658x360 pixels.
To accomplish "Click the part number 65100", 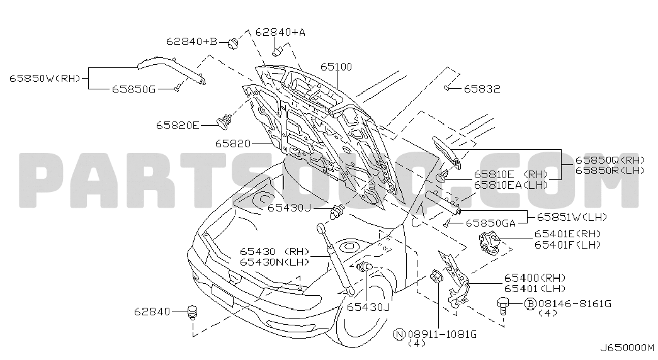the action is (x=336, y=67).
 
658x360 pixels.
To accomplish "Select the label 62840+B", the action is (x=192, y=41).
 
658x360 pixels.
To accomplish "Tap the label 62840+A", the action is (x=280, y=32).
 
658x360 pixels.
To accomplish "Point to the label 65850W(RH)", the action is (x=45, y=78).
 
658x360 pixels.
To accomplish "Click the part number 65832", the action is (x=482, y=89).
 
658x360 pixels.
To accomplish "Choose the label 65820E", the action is (x=178, y=125).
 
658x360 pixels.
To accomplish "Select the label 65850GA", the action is (x=491, y=223).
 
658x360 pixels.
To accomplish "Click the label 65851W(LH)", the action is (x=572, y=217).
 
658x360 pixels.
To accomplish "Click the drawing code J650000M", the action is (x=627, y=348).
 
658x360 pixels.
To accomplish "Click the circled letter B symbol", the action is (x=531, y=303).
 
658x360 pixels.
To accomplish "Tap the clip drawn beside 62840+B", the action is (x=234, y=43).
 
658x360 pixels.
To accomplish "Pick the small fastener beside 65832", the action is (x=447, y=87).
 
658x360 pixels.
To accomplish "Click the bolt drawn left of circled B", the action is (x=503, y=305).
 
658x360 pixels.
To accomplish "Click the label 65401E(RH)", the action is (x=568, y=233).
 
